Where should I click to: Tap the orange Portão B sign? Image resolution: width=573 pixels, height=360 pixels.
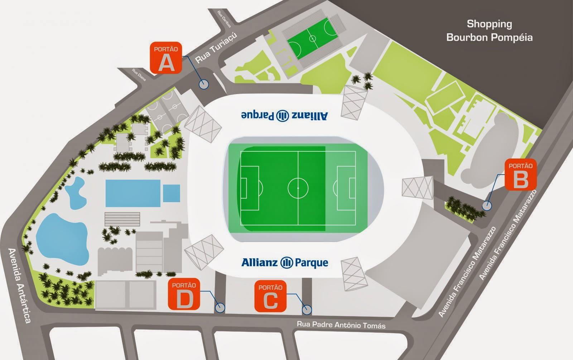coord(521,175)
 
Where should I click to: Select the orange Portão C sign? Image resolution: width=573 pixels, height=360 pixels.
coord(270,296)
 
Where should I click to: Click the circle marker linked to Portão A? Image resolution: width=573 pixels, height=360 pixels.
coord(203,84)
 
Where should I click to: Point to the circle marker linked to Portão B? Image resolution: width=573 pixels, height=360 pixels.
coord(487,206)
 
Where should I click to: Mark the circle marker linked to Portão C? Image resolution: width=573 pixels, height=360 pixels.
coord(307,310)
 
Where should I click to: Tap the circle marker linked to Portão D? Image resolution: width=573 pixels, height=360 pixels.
coord(220,307)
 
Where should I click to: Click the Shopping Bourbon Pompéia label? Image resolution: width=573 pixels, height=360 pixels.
coord(489,31)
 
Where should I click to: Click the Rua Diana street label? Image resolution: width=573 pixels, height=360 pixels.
coord(139,74)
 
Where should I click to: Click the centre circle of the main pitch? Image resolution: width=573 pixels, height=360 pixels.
coord(298,186)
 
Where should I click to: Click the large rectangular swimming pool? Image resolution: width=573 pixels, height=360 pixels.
coord(133,193)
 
